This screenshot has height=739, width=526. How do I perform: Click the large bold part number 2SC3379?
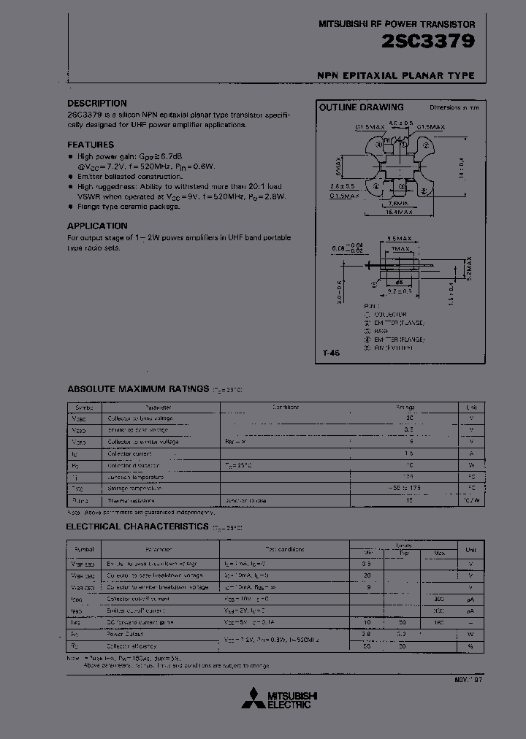[x=428, y=43]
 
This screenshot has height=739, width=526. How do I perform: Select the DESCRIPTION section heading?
[x=97, y=104]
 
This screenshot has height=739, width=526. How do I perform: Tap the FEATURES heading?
[x=91, y=145]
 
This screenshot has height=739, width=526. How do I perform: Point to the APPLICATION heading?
[x=97, y=226]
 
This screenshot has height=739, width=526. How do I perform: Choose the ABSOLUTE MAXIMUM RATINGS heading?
[x=137, y=388]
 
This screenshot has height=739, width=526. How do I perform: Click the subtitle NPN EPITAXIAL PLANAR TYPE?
[x=395, y=76]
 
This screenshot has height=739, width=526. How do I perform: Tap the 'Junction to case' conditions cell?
[x=245, y=501]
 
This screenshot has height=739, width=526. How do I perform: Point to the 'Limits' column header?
[x=403, y=544]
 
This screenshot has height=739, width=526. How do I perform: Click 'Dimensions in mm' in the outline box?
[x=454, y=107]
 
